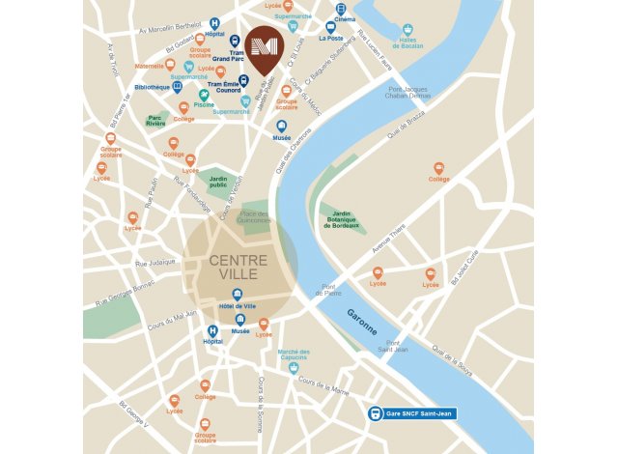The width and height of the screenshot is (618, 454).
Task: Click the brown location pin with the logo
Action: tap(263, 48)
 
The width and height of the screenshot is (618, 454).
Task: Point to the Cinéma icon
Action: tap(340, 9)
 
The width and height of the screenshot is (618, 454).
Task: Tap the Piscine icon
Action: tap(204, 95)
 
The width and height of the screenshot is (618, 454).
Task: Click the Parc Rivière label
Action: tap(156, 123)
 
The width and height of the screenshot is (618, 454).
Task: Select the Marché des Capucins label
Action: tap(294, 355)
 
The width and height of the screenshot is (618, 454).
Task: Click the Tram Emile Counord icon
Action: tap(243, 81)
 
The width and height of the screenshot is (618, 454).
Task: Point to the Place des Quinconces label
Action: tap(255, 217)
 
